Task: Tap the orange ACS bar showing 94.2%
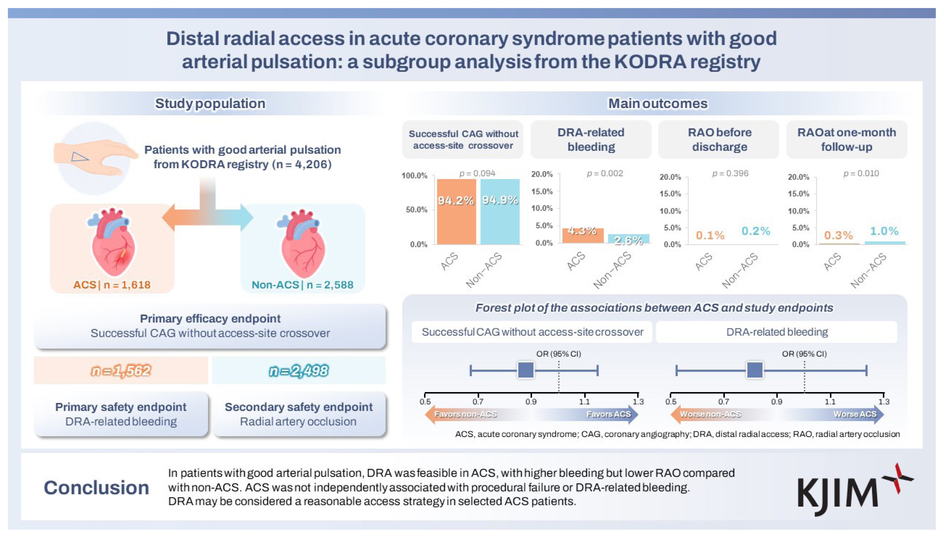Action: click(456, 211)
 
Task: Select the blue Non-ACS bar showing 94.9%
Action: click(500, 211)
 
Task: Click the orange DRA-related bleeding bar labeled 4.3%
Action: click(583, 235)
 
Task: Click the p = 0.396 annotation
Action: click(730, 173)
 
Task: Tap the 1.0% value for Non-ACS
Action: click(884, 231)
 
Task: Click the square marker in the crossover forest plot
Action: click(525, 370)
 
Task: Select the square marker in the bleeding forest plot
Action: click(755, 370)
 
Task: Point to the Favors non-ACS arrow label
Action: click(465, 414)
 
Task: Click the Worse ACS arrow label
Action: click(855, 414)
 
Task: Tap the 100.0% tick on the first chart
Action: click(414, 175)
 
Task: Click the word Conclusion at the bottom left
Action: click(96, 488)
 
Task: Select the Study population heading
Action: click(210, 103)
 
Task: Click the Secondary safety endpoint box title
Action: click(299, 407)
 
